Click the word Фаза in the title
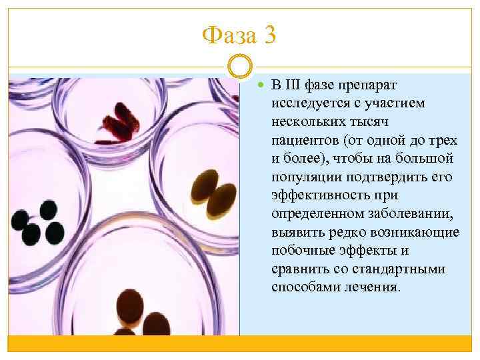229,35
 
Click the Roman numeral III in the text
291,85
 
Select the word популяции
303,177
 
